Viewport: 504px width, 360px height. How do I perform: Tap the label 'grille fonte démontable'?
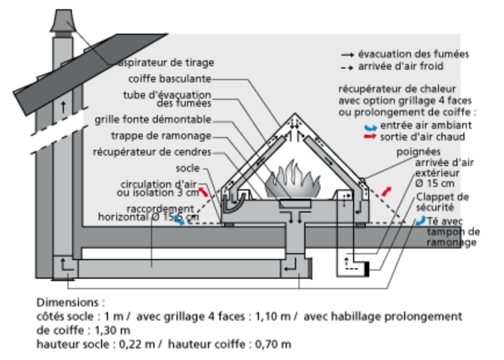click(x=153, y=120)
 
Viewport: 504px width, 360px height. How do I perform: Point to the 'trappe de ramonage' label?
click(x=161, y=136)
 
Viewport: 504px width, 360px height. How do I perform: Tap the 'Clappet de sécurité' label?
click(x=442, y=201)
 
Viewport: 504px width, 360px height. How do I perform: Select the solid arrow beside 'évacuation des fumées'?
click(x=347, y=54)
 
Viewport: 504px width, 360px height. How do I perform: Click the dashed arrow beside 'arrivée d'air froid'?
click(x=347, y=67)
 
